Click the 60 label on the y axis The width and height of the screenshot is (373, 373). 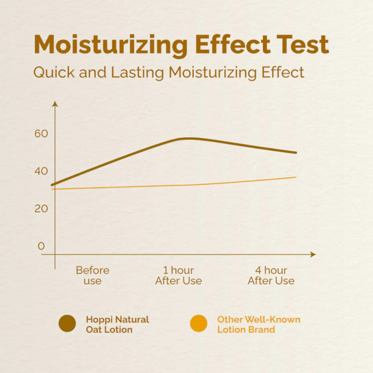41,134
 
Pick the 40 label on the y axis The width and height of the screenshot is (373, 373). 41,171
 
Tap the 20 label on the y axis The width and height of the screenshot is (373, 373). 41,209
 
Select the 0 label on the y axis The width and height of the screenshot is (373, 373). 41,246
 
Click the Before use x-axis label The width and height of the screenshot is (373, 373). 93,276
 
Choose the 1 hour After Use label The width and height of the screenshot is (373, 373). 178,276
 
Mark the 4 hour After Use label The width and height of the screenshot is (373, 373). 271,276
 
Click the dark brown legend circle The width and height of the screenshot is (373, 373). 67,324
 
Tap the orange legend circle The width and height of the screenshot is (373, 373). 198,324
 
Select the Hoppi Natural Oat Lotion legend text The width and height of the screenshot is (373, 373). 117,324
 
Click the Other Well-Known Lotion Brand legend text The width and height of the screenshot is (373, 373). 259,324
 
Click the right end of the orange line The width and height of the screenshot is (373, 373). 295,177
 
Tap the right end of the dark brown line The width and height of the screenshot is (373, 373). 296,153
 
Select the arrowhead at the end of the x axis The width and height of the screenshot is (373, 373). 312,254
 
